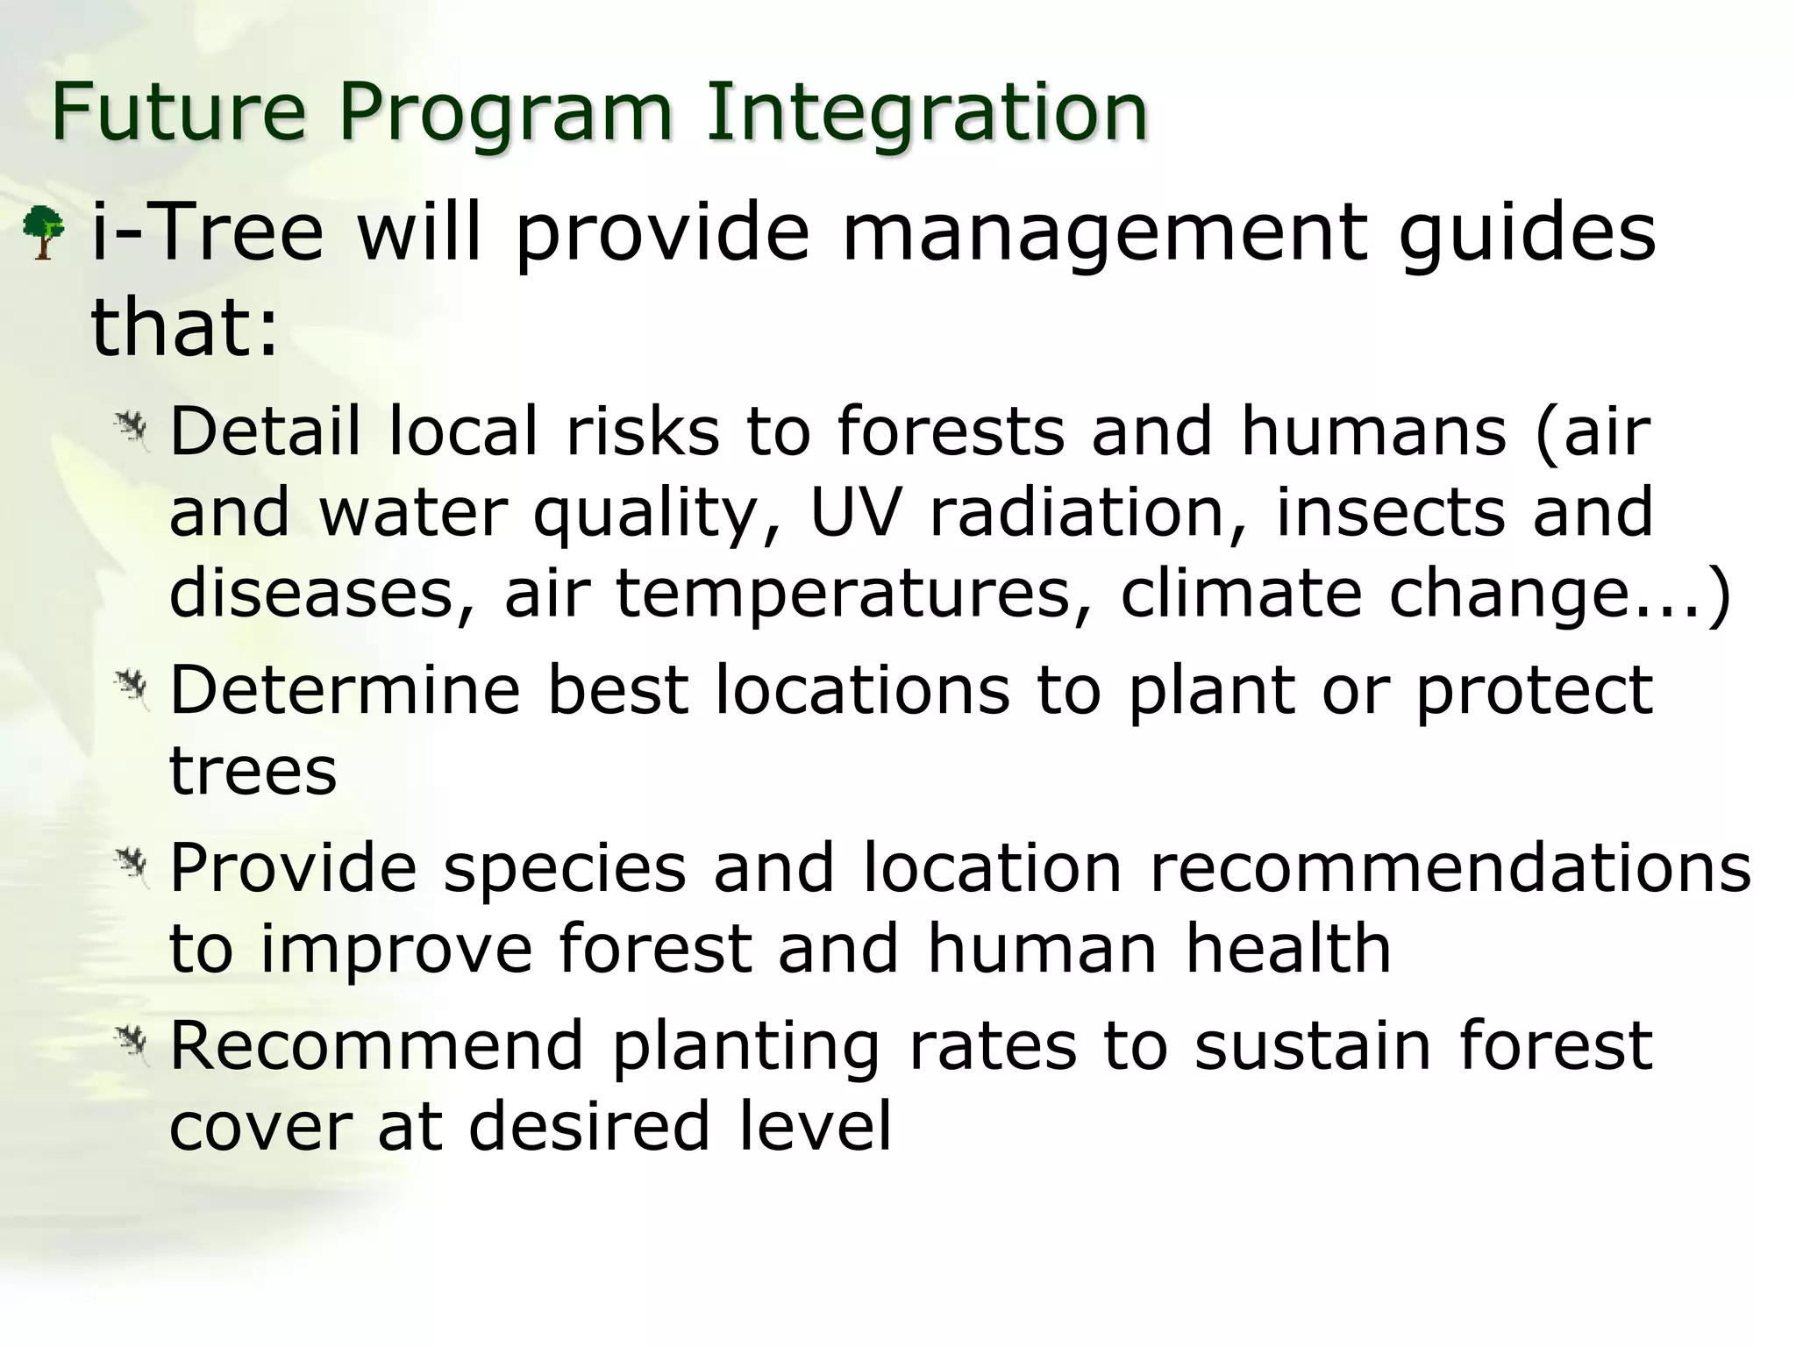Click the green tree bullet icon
pos(43,232)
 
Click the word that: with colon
pos(184,328)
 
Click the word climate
pos(1241,593)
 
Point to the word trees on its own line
pos(253,772)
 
